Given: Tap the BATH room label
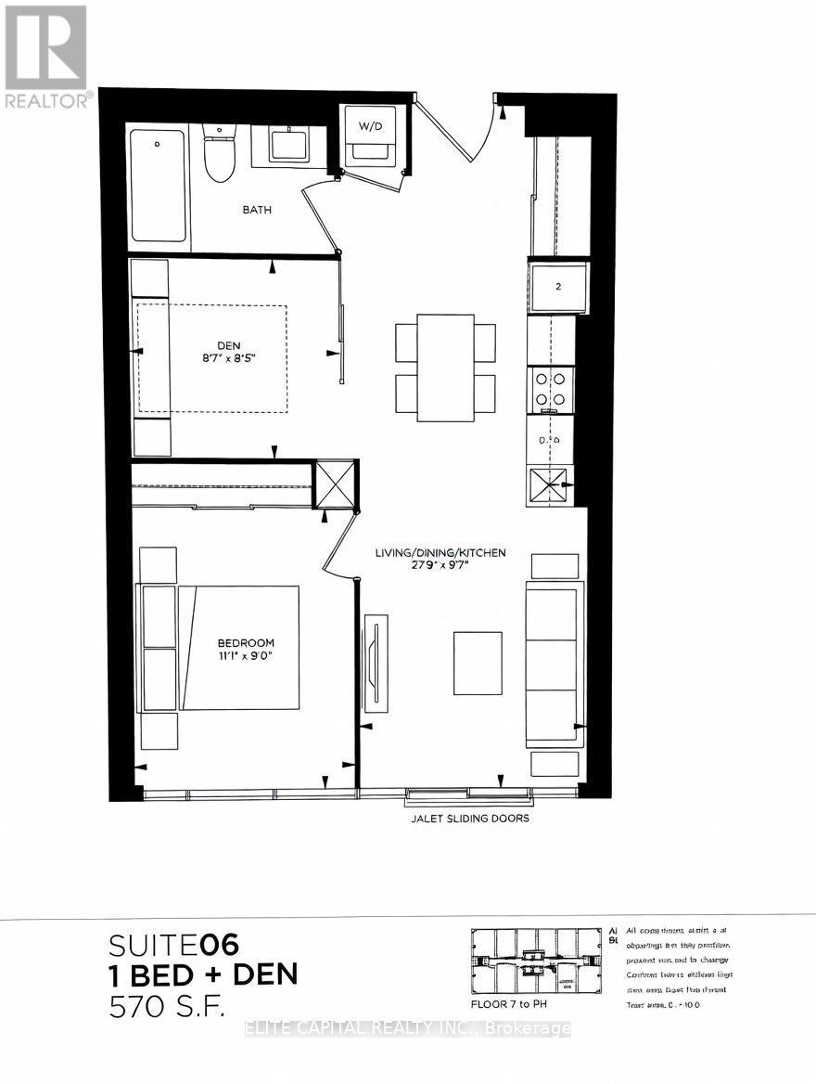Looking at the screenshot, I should click(x=257, y=210).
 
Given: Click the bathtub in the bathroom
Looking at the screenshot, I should click(x=159, y=185).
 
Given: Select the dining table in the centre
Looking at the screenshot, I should click(x=445, y=368).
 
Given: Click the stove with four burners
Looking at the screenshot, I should click(x=551, y=389).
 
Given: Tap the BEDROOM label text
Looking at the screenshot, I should click(x=246, y=642).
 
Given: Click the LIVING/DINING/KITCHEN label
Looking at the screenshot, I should click(x=440, y=553).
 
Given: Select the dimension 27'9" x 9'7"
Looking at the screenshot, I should click(x=440, y=567).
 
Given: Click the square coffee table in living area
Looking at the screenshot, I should click(x=478, y=663).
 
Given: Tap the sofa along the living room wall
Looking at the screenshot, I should click(x=555, y=665).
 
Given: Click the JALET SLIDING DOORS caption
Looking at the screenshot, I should click(x=470, y=819).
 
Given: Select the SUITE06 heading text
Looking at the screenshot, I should click(x=174, y=945).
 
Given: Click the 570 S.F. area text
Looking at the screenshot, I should click(x=167, y=1005).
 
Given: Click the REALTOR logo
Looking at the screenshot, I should click(x=46, y=56).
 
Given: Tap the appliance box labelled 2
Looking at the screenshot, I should click(x=558, y=288).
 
